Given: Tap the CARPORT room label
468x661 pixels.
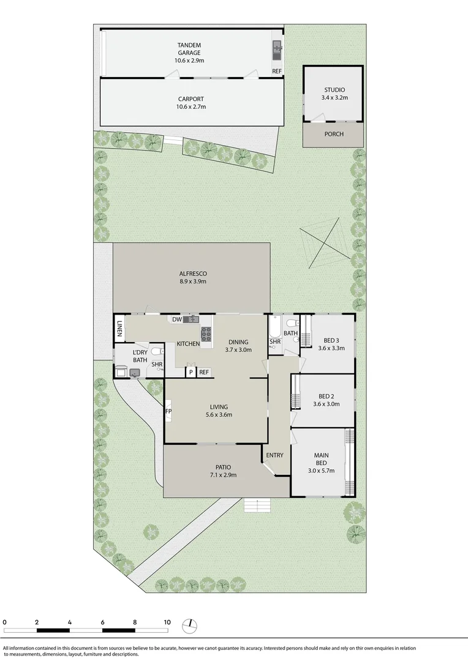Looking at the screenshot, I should point(191,103).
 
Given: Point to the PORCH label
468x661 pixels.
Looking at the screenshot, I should point(334,135).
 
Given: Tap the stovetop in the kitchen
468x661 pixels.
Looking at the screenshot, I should point(206,334).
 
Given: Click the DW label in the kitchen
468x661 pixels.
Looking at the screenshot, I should point(176,319).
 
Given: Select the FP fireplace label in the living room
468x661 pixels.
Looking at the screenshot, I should point(168,412).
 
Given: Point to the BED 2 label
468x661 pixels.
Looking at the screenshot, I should point(326,400).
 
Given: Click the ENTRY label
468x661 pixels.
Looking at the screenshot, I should point(274,455).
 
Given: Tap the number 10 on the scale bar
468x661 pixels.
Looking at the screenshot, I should point(167,622).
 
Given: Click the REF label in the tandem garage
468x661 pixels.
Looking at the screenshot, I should point(277,72).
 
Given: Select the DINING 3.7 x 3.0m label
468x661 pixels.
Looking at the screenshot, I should point(238,346).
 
